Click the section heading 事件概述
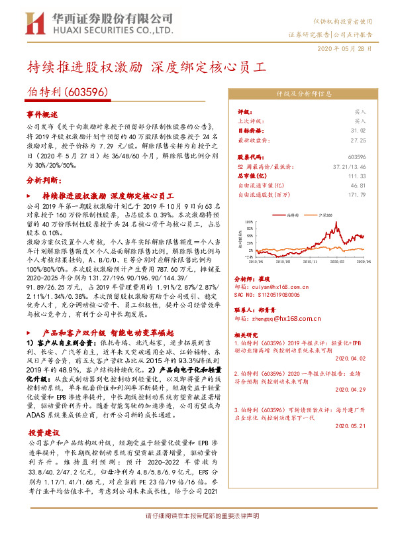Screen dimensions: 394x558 pos(42,114)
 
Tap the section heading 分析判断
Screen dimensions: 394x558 pos(42,180)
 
